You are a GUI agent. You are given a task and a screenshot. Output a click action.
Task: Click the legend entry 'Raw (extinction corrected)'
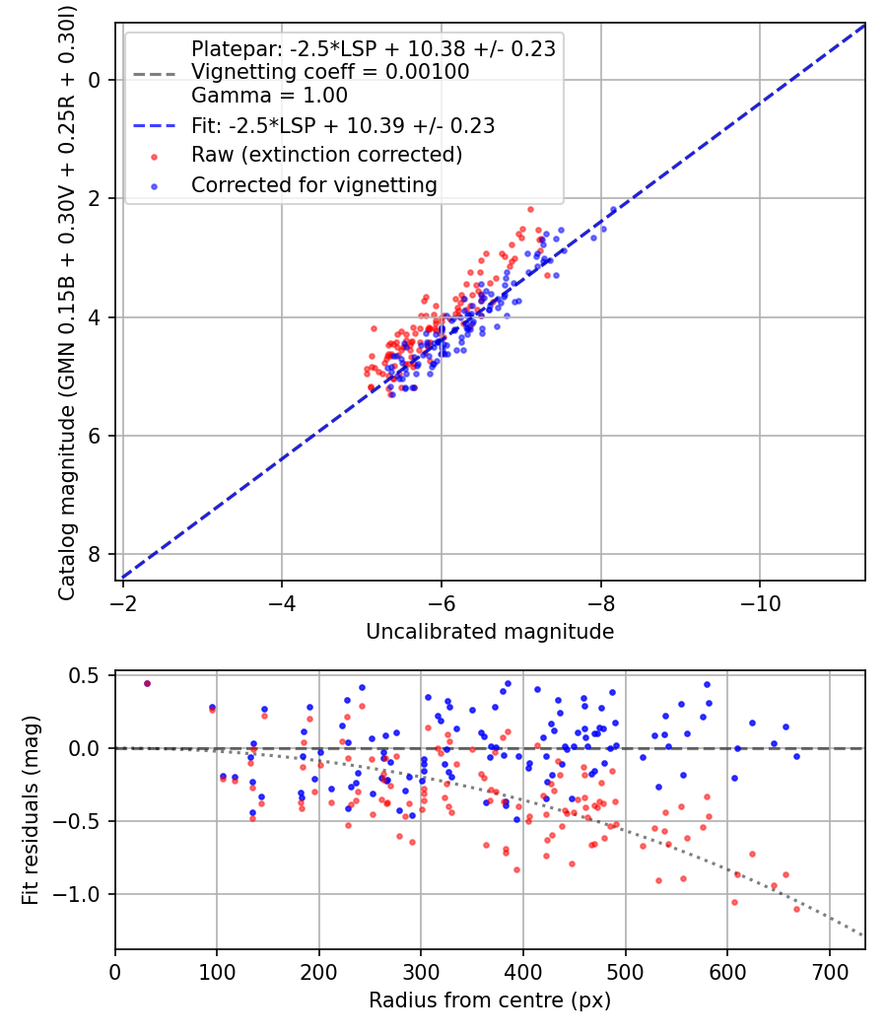click(326, 155)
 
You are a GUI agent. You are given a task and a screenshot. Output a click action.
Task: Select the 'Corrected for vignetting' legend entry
click(313, 184)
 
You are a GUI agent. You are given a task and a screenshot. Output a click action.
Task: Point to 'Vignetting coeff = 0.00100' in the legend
click(330, 71)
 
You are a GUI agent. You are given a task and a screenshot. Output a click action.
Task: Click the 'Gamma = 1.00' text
click(269, 96)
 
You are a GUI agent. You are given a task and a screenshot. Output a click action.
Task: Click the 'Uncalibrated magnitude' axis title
click(490, 632)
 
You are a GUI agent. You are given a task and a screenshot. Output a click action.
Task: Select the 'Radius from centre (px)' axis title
click(490, 1000)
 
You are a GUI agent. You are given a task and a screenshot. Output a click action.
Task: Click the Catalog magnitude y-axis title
click(67, 302)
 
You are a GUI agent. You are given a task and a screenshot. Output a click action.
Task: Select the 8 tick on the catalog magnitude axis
click(96, 555)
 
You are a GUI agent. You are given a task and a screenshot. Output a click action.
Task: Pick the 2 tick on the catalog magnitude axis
click(96, 198)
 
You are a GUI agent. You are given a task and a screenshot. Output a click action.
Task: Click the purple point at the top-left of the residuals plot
click(147, 683)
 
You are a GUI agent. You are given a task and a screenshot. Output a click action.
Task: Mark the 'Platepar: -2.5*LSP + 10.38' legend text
click(373, 47)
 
